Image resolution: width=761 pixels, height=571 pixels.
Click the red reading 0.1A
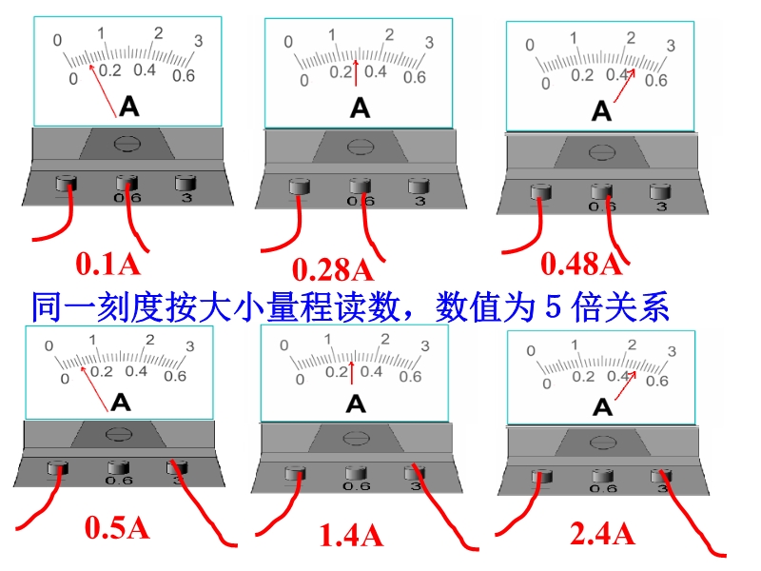pyautogui.click(x=107, y=265)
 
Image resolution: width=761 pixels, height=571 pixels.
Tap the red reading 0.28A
pyautogui.click(x=333, y=269)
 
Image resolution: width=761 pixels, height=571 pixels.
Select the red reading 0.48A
pyautogui.click(x=581, y=265)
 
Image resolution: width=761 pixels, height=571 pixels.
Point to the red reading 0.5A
pyautogui.click(x=117, y=527)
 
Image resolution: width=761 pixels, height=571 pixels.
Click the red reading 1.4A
pyautogui.click(x=351, y=535)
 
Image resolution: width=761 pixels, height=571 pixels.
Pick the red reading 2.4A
pyautogui.click(x=602, y=534)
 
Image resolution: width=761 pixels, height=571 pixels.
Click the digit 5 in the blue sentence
pyautogui.click(x=554, y=306)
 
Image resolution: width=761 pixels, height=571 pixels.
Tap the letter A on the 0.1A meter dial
pyautogui.click(x=129, y=106)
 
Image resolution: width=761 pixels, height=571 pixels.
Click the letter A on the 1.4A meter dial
pyautogui.click(x=356, y=404)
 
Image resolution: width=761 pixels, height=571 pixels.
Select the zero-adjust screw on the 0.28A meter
pyautogui.click(x=360, y=147)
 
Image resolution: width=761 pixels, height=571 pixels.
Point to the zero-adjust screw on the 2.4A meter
pyautogui.click(x=603, y=443)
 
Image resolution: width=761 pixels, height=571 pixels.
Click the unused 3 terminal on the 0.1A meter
pyautogui.click(x=185, y=184)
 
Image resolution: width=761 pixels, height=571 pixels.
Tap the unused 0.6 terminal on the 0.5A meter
pyautogui.click(x=118, y=468)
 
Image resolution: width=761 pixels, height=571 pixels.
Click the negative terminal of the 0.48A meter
pyautogui.click(x=541, y=192)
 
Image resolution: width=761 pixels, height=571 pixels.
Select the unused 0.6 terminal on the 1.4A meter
pyautogui.click(x=356, y=473)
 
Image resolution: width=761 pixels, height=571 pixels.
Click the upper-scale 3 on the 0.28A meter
pyautogui.click(x=429, y=43)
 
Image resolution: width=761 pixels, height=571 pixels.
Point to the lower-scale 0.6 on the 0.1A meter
pyautogui.click(x=184, y=76)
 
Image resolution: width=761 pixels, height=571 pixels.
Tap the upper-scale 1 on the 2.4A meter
pyautogui.click(x=575, y=345)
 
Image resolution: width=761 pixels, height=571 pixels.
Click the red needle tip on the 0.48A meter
pyautogui.click(x=634, y=69)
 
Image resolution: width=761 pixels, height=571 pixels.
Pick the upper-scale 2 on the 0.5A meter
pyautogui.click(x=150, y=340)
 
